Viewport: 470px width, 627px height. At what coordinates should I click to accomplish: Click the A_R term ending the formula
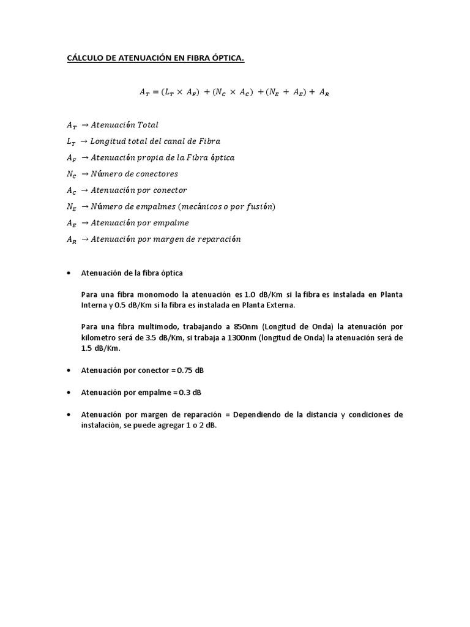click(x=323, y=92)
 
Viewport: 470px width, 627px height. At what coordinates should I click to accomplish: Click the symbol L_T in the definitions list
click(x=72, y=141)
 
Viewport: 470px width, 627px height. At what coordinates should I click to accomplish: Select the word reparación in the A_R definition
click(x=218, y=239)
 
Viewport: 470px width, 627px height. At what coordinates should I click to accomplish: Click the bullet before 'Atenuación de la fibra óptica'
click(x=69, y=272)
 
